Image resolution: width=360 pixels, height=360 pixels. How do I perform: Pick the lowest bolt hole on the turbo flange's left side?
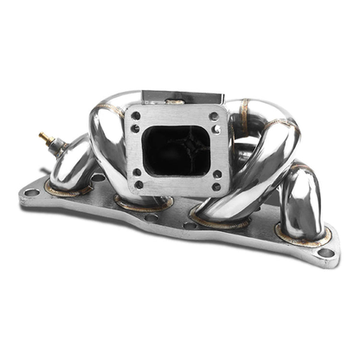click(138, 184)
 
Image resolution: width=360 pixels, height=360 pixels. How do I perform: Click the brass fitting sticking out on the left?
click(44, 137)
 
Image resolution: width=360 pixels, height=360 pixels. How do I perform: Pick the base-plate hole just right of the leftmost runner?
click(98, 178)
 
